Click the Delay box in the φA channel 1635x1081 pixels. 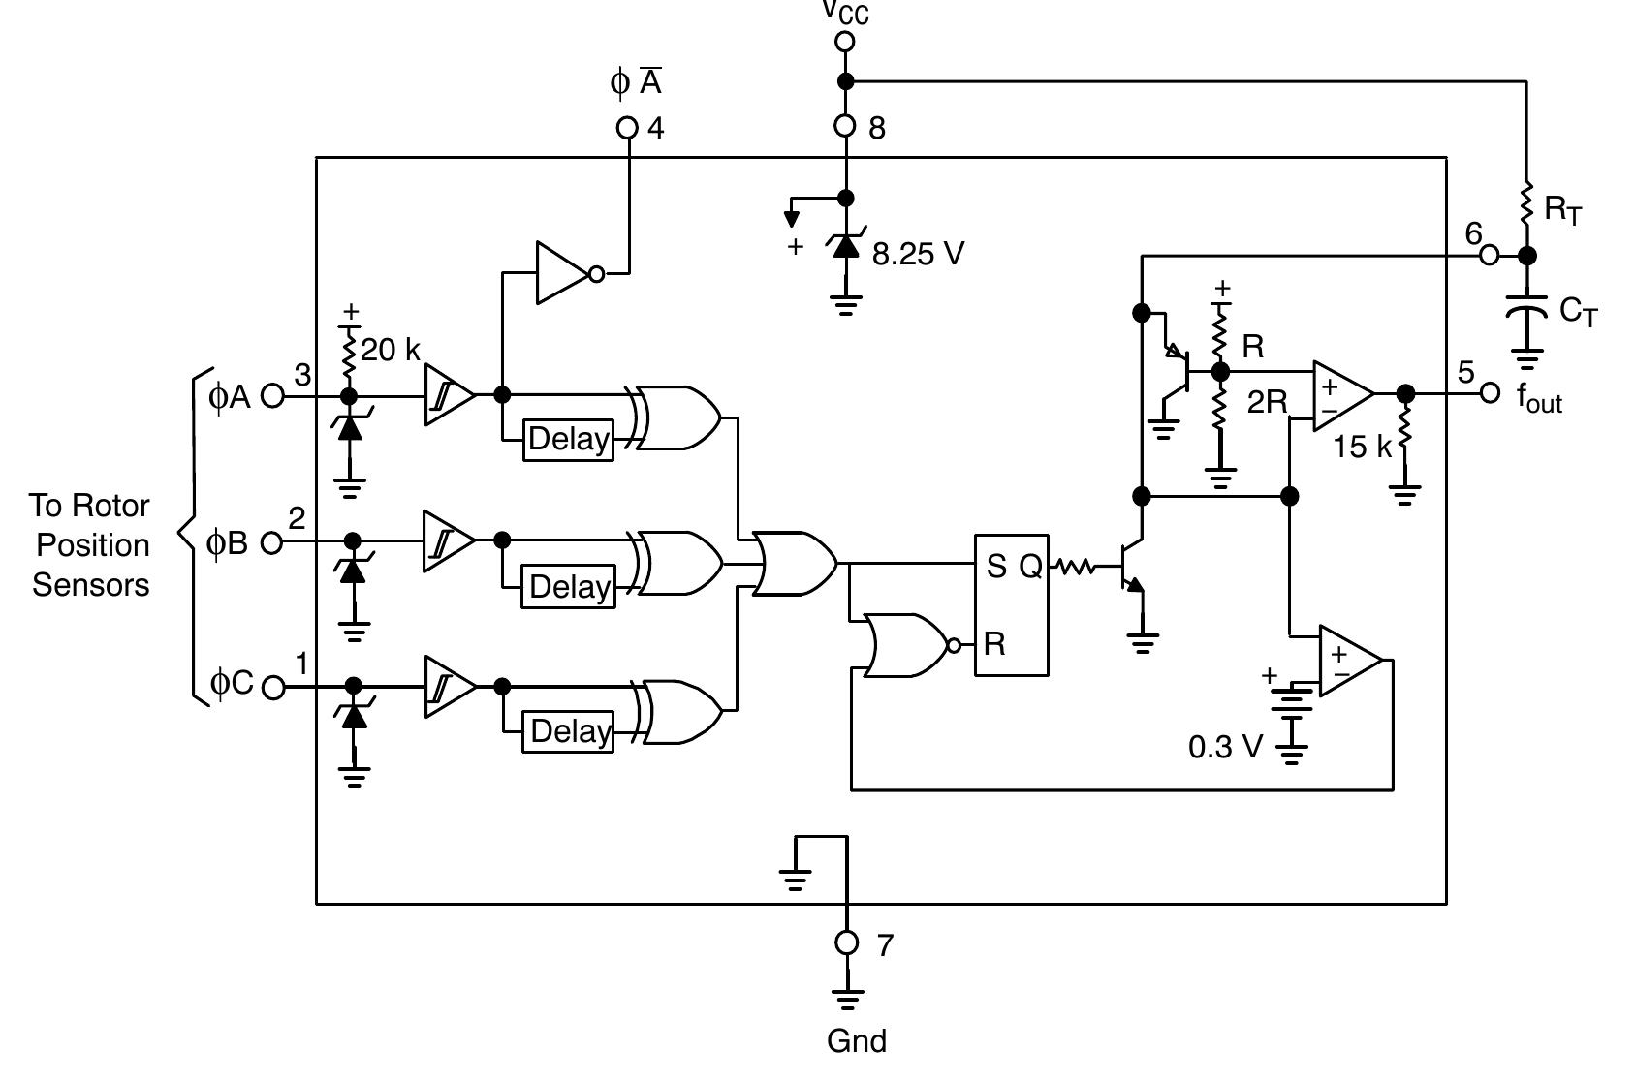pyautogui.click(x=568, y=440)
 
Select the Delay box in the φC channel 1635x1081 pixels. pyautogui.click(x=568, y=731)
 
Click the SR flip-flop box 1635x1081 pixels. pyautogui.click(x=1011, y=604)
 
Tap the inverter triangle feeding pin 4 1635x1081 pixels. pyautogui.click(x=563, y=273)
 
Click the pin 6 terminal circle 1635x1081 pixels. pyautogui.click(x=1490, y=256)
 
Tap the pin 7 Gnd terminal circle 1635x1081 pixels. pyautogui.click(x=847, y=942)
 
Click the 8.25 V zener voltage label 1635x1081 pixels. pyautogui.click(x=918, y=254)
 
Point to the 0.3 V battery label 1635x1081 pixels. pyautogui.click(x=1225, y=747)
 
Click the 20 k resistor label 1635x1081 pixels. pyautogui.click(x=391, y=350)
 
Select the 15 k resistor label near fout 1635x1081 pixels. pyautogui.click(x=1361, y=447)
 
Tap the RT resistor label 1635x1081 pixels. pyautogui.click(x=1562, y=209)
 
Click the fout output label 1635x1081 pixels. pyautogui.click(x=1539, y=397)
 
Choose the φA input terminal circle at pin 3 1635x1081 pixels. pyautogui.click(x=273, y=396)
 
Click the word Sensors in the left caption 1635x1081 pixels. pyautogui.click(x=91, y=585)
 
